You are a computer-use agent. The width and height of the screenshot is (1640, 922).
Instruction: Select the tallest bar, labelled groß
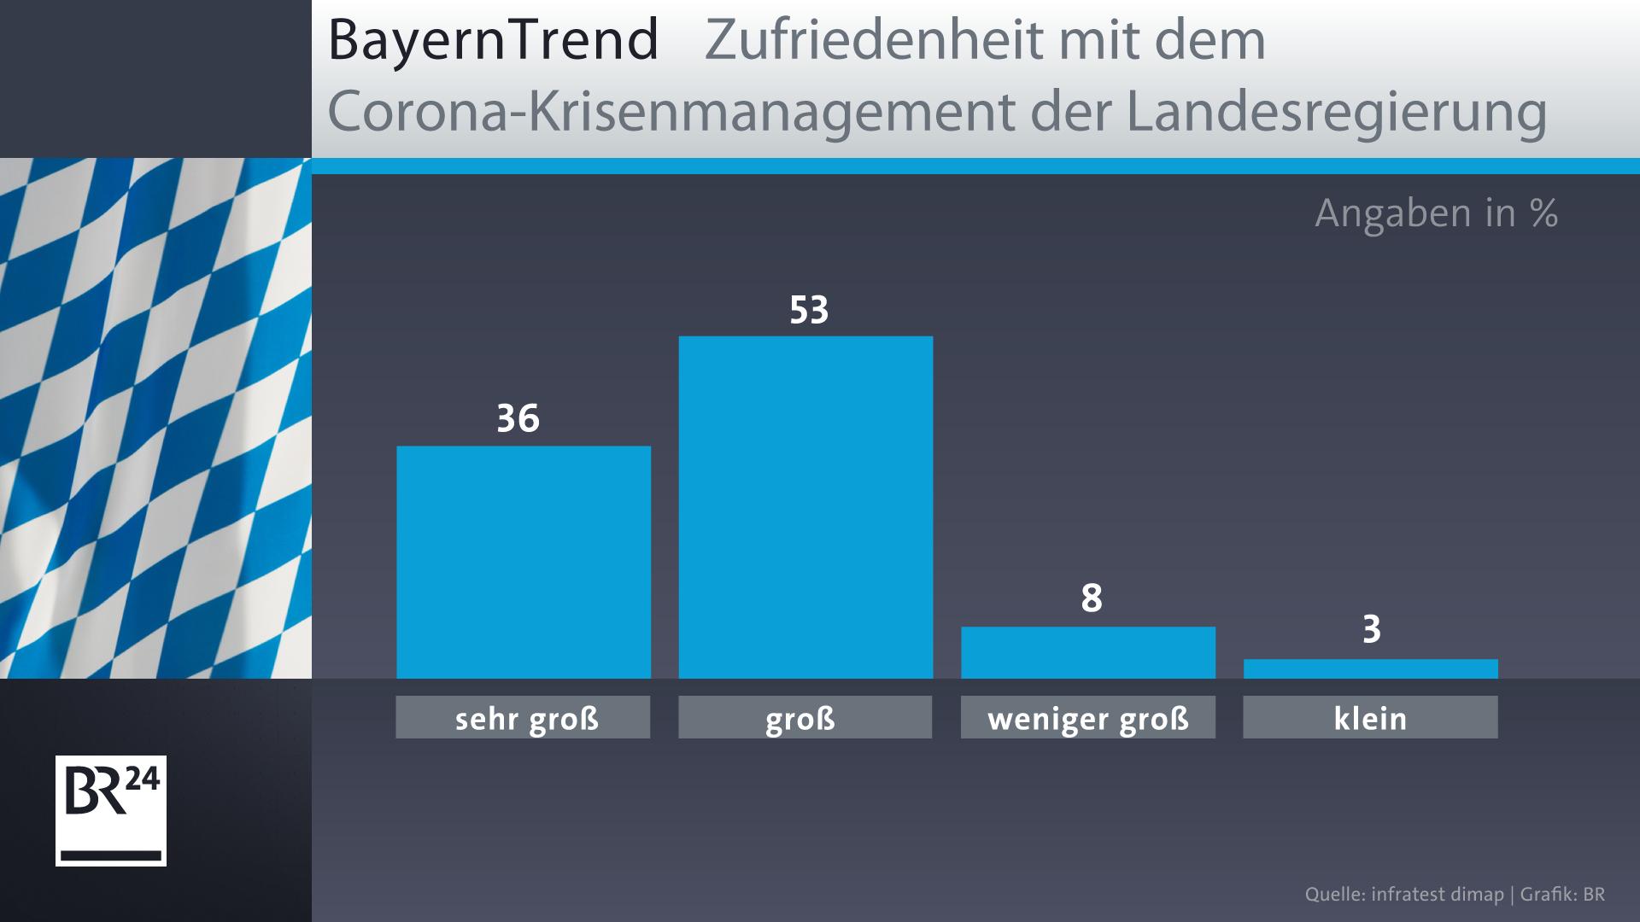805,507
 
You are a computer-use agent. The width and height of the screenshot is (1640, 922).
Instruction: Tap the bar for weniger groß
1088,652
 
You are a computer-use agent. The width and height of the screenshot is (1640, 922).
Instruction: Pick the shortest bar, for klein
1370,668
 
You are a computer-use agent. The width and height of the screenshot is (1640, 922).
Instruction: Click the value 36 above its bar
518,419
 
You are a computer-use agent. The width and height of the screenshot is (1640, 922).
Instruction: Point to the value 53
808,311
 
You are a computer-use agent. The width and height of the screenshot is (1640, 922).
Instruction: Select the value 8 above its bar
1091,599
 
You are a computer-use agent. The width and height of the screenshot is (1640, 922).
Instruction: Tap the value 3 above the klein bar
1371,630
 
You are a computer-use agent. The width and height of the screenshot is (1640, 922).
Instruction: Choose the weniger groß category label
1088,718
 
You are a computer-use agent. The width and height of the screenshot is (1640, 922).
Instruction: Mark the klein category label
1370,718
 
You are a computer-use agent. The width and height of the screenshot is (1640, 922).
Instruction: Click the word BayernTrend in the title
493,41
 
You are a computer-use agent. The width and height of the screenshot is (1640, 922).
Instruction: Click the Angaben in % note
1436,213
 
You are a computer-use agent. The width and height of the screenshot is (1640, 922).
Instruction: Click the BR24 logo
111,810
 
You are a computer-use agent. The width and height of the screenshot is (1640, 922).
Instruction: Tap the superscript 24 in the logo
143,781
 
